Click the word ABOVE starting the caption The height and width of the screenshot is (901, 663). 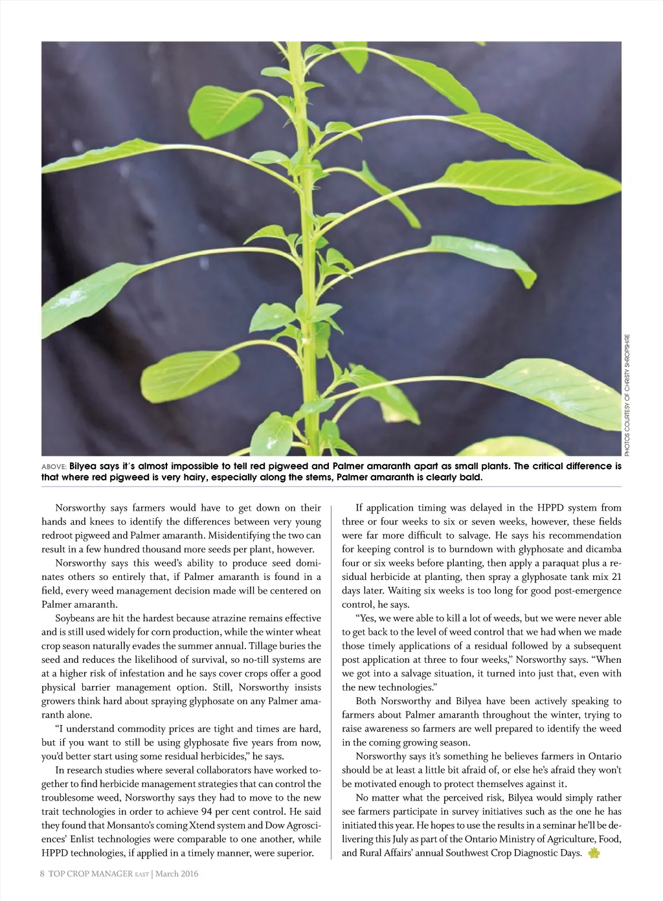coord(53,467)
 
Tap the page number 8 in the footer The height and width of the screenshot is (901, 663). coord(42,874)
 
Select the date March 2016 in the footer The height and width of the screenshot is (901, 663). coord(177,874)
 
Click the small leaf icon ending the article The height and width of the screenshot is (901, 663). coord(594,853)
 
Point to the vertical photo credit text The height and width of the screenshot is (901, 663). coord(627,394)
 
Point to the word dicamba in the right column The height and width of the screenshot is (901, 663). coord(603,549)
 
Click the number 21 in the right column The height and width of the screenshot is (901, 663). coord(616,577)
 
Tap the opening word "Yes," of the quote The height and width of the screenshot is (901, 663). coord(366,618)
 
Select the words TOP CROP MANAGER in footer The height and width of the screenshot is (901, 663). coord(91,874)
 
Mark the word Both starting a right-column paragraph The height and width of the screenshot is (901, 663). coord(367,701)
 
